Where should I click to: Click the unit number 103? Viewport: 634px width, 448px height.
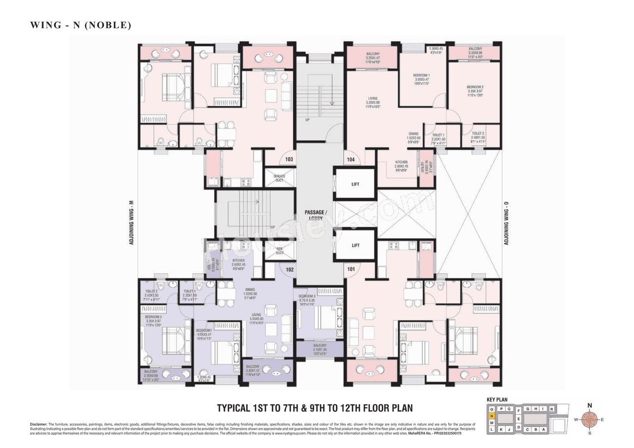pos(289,159)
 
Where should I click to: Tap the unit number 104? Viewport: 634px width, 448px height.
pos(351,159)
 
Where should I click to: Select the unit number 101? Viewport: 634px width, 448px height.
pos(351,270)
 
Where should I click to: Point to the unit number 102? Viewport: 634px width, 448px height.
pos(289,270)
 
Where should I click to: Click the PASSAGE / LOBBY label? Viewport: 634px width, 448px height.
pos(314,215)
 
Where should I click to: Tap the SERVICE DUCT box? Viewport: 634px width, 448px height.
pos(279,178)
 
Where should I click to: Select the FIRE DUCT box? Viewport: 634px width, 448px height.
pos(279,250)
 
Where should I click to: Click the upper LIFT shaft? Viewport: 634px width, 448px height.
pos(355,184)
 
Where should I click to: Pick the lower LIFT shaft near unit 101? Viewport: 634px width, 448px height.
pos(355,246)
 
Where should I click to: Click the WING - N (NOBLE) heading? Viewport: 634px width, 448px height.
pos(81,25)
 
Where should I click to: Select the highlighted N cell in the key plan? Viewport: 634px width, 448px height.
pos(491,416)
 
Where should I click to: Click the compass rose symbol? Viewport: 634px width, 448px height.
pos(589,420)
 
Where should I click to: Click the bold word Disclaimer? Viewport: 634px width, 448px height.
pos(38,424)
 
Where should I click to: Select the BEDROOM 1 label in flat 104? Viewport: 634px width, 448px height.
pos(423,76)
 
